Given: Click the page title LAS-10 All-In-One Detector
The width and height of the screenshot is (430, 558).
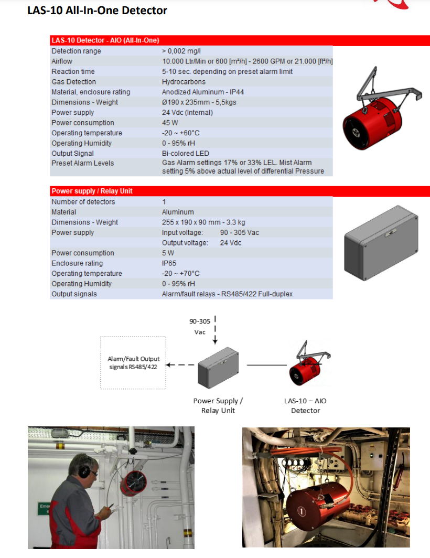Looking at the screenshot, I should tap(97, 10).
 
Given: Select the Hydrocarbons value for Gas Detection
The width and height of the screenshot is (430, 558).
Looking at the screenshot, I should tap(184, 82).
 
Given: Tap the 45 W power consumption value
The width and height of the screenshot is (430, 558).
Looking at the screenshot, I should tap(169, 123).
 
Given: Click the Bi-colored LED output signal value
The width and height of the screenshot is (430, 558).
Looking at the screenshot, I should tap(186, 154).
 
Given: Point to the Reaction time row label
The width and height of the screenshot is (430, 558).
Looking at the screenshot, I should tap(73, 71).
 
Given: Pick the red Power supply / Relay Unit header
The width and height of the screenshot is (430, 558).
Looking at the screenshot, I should tap(92, 191).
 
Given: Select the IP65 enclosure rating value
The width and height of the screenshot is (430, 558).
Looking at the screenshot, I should tap(169, 263).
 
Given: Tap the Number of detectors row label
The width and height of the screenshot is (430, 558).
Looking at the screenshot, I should tap(83, 202).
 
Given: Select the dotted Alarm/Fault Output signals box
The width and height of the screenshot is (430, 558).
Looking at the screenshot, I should tap(133, 363).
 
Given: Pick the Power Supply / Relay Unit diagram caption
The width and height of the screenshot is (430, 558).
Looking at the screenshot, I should tap(218, 405).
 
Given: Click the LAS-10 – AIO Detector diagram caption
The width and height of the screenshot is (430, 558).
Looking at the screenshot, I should tap(305, 405).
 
